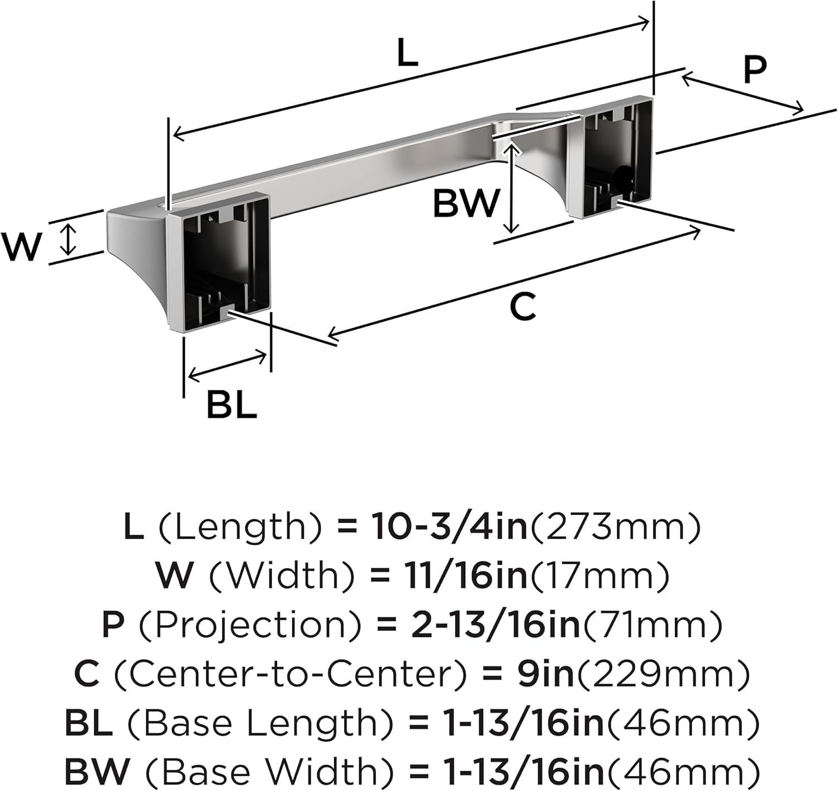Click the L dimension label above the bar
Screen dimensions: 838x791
tap(407, 52)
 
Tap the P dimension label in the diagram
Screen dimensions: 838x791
tap(755, 69)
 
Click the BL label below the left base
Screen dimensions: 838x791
tap(231, 404)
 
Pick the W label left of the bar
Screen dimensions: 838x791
tap(22, 246)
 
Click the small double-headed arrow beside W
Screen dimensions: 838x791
tap(68, 240)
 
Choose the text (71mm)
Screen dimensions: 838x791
tap(652, 625)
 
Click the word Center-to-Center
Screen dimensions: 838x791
tap(291, 674)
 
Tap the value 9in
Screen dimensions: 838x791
tap(546, 674)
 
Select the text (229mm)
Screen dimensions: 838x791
tap(663, 674)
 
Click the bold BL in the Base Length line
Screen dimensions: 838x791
tap(89, 723)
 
